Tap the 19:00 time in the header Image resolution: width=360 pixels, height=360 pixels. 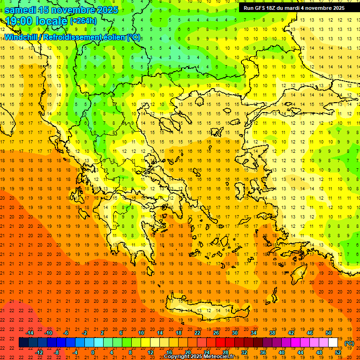(x=18, y=21)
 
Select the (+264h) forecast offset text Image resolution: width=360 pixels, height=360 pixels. (x=83, y=21)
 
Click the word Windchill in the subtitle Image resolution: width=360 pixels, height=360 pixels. (x=22, y=37)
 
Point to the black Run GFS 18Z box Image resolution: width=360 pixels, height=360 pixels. (x=294, y=8)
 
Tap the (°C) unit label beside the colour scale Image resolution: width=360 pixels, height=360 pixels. (x=349, y=343)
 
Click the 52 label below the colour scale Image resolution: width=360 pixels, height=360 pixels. (x=338, y=352)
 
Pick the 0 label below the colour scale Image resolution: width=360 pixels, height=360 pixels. (x=92, y=352)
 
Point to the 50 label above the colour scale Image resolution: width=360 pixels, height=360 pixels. (x=328, y=333)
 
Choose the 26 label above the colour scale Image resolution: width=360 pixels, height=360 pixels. (x=216, y=333)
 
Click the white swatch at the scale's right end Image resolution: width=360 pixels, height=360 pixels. (x=333, y=343)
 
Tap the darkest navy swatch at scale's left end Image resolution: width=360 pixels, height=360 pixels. (x=24, y=343)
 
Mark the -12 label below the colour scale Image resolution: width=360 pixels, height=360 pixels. (x=39, y=352)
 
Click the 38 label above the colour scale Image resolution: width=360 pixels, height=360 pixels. (x=272, y=333)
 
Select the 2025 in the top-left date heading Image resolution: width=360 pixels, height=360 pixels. (x=108, y=10)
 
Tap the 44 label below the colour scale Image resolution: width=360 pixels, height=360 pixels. (x=300, y=352)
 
